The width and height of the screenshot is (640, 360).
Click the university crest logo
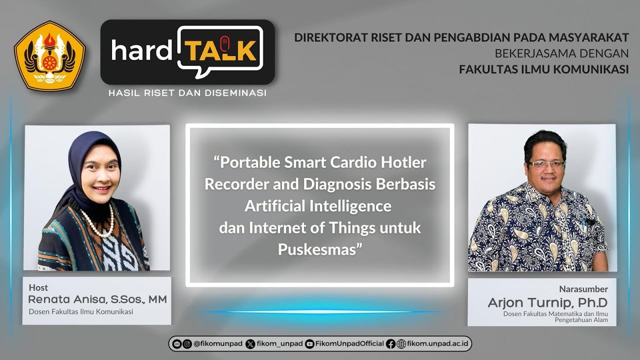pos(49,55)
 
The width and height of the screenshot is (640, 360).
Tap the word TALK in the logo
pos(220,50)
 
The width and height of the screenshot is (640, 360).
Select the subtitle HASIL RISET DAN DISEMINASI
pos(187,93)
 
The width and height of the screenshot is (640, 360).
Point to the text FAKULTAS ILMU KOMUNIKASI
pos(543,69)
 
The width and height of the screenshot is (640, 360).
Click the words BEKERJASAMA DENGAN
pos(561,53)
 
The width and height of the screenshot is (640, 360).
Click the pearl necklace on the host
pos(97,223)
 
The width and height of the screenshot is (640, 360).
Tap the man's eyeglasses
pos(546,164)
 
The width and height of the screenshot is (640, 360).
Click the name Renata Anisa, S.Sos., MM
pos(97,299)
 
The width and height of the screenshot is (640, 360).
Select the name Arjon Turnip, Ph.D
pos(547,303)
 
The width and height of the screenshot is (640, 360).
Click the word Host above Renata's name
pos(38,287)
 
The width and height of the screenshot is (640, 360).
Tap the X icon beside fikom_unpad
pos(250,343)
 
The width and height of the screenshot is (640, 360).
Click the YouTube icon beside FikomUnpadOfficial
pos(309,343)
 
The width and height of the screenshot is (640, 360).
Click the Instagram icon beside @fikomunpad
pos(187,343)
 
